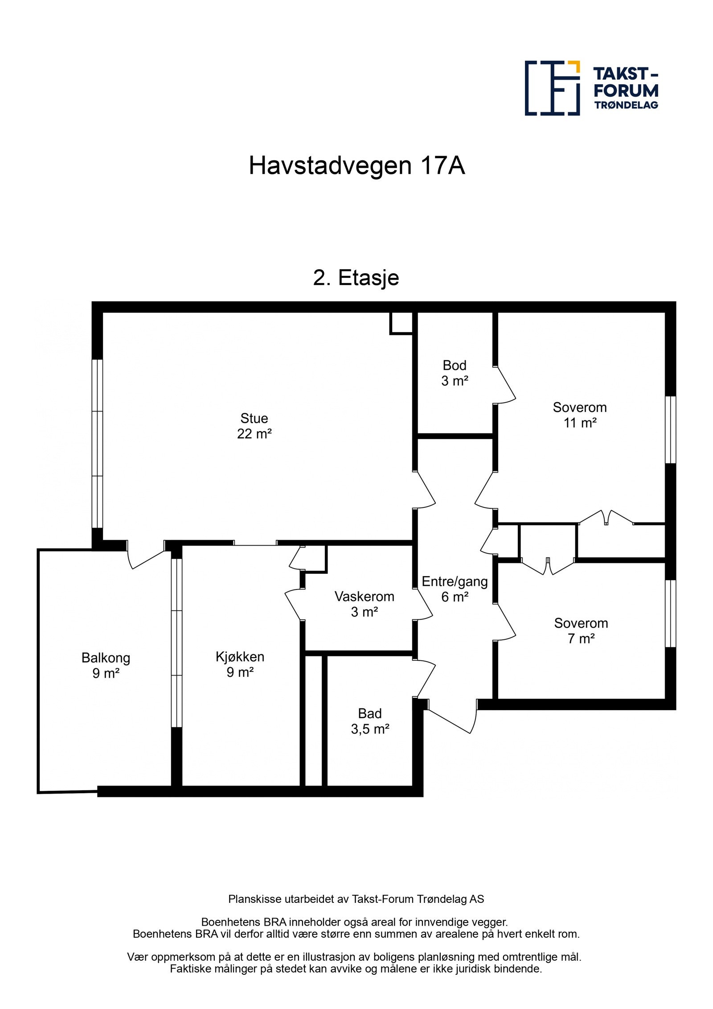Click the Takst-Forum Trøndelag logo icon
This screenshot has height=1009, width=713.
pos(552,88)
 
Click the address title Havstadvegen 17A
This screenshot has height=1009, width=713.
pos(356,166)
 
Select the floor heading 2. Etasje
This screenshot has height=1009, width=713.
pos(356,278)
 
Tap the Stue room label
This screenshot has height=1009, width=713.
pos(254,426)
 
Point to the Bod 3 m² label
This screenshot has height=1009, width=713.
pos(455,373)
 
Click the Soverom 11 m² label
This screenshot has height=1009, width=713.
pos(579,415)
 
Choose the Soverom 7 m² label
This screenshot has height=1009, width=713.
pos(581,630)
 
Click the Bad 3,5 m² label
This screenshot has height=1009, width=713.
pos(370,721)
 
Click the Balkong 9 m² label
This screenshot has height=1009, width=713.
pos(106,665)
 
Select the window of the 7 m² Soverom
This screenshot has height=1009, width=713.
pos(670,613)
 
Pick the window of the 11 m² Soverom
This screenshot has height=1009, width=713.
pos(670,430)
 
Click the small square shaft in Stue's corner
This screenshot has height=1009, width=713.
pos(401,322)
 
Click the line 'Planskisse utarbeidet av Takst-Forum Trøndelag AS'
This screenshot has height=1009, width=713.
pos(356,899)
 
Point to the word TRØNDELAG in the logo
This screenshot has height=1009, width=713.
pos(626,105)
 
